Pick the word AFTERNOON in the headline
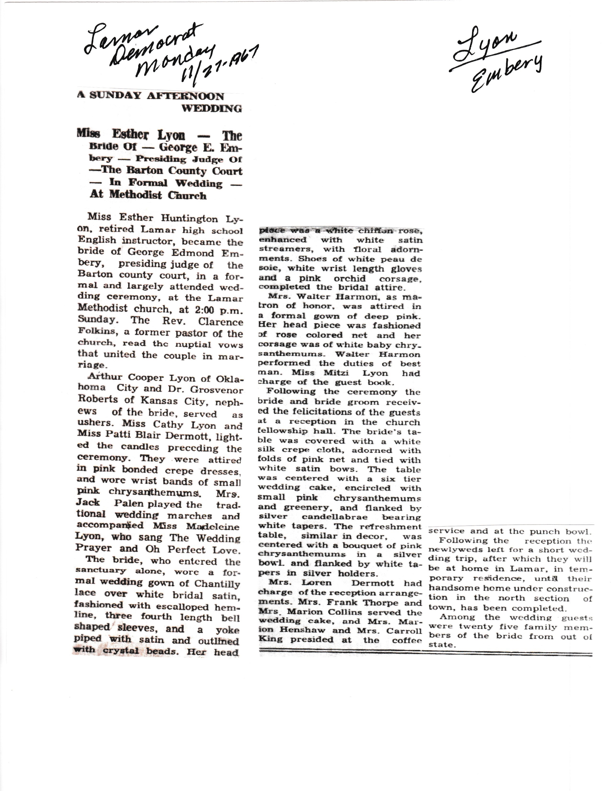coord(185,96)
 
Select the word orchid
coord(350,279)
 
